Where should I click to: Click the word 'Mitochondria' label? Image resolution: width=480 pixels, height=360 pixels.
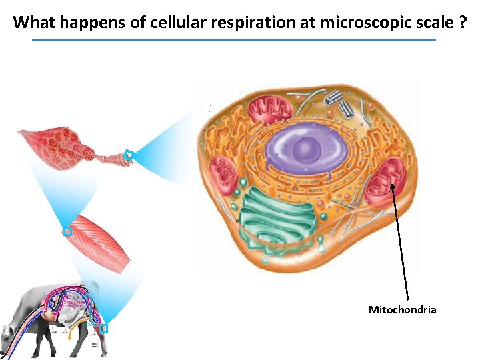tap(402, 309)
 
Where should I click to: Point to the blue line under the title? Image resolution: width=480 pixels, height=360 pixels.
tap(233, 40)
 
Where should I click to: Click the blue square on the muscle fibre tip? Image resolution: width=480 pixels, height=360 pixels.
tap(129, 156)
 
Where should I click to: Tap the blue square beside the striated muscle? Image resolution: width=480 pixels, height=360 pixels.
tap(67, 231)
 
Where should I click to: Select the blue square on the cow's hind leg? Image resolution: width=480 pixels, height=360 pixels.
tap(103, 328)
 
